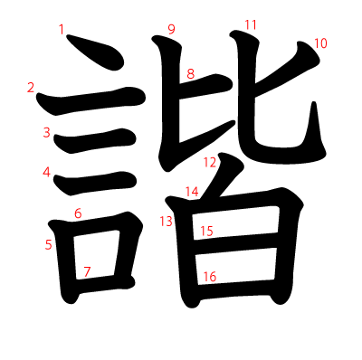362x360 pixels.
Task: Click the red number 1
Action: (62, 30)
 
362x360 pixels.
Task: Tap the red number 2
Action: (31, 88)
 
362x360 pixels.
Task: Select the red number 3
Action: (46, 133)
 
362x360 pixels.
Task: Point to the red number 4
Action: (46, 172)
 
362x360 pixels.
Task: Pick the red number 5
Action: (48, 244)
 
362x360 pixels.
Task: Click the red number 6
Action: (78, 213)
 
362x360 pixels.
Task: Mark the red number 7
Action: (87, 270)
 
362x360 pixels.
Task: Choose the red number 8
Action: (190, 73)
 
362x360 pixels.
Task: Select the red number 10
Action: (320, 43)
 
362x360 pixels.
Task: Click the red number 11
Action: (251, 24)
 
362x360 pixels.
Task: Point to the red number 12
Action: (210, 163)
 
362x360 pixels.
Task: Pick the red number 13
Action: (167, 222)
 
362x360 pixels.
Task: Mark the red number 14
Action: (192, 191)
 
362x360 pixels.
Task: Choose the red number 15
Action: (206, 231)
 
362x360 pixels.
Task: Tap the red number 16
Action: (209, 276)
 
